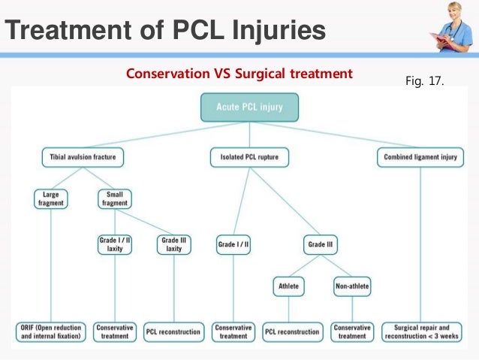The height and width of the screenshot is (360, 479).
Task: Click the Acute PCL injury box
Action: [x=249, y=107]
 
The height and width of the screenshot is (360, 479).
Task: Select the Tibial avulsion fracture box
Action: [x=83, y=157]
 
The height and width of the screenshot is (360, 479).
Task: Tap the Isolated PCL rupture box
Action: [x=249, y=157]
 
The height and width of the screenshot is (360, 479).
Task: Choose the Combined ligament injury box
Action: [x=420, y=157]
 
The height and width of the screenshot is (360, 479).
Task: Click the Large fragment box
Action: [x=51, y=199]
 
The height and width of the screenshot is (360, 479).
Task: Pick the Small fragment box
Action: [x=115, y=199]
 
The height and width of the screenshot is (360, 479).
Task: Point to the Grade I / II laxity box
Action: [x=115, y=244]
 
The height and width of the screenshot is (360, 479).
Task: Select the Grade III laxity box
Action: [x=174, y=244]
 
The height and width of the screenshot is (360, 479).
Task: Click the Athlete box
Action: [x=289, y=286]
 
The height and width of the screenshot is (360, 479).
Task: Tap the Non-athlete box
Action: [x=352, y=286]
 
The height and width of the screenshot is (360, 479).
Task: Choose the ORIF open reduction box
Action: [x=51, y=332]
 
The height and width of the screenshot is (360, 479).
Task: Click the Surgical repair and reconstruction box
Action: [x=422, y=332]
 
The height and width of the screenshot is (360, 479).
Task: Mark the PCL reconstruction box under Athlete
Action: [x=292, y=332]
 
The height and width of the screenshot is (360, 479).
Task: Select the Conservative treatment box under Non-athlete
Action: [x=352, y=332]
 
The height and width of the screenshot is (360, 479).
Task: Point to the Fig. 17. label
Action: [x=425, y=80]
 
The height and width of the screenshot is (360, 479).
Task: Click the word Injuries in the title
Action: [x=279, y=30]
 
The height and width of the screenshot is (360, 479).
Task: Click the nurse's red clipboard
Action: [x=439, y=41]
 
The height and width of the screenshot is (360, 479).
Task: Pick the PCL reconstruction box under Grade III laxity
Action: [x=173, y=332]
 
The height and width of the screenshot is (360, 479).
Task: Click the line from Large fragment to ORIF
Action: [x=51, y=265]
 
